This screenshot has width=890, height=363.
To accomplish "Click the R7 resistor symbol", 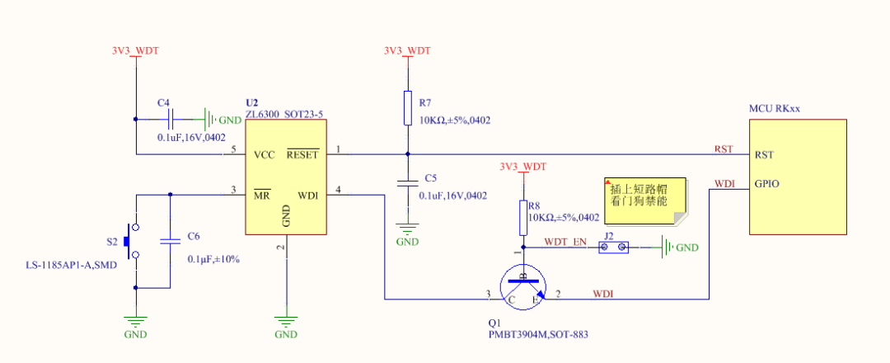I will click(x=407, y=108).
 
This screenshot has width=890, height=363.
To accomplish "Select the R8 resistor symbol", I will click(x=522, y=217).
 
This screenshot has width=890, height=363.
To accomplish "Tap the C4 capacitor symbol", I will click(x=171, y=119).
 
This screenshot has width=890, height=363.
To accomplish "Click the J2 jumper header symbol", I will click(x=615, y=247).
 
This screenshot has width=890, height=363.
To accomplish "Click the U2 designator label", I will click(x=252, y=101).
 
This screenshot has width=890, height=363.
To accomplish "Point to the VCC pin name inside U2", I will click(x=265, y=154).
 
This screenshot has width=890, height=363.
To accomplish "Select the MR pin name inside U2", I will click(x=263, y=196).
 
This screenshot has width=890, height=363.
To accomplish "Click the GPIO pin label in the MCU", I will click(x=766, y=184).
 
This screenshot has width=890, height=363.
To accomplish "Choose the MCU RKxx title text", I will click(x=775, y=109).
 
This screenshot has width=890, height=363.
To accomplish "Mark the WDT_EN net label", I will click(x=566, y=242).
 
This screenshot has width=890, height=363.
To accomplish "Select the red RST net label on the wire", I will click(x=724, y=149).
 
